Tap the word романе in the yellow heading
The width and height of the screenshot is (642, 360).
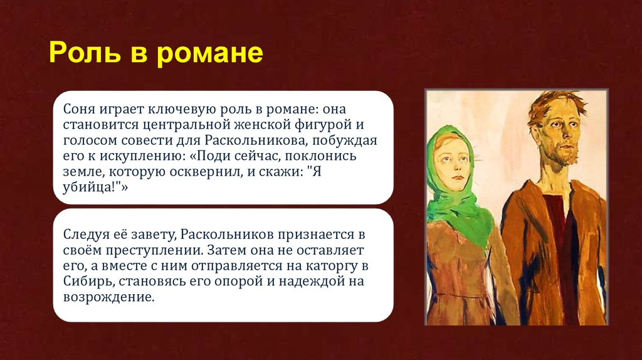[x=209, y=53]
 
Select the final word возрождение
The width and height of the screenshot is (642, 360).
[x=107, y=297]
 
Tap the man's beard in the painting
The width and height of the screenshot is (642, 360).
[x=566, y=154]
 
